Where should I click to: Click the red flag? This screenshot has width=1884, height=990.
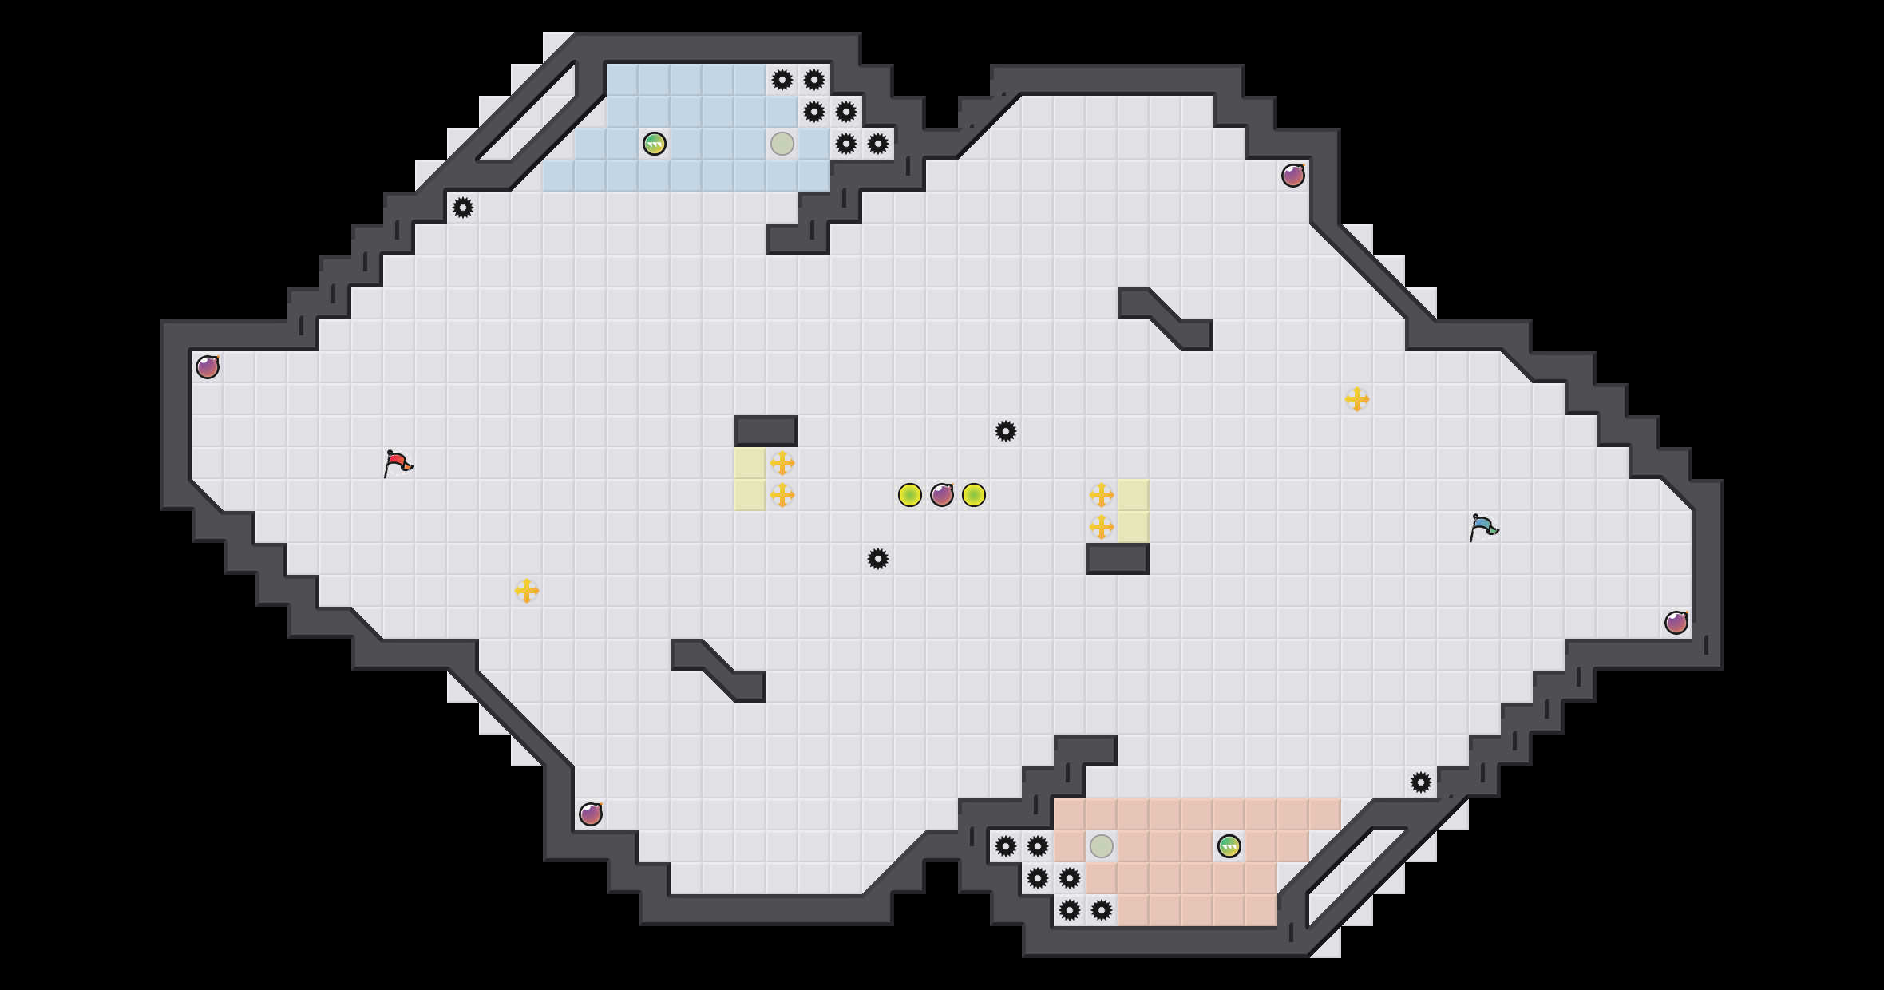(x=397, y=463)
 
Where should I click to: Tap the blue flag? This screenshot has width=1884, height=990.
(x=1482, y=527)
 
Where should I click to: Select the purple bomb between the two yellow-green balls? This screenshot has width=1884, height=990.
(x=942, y=495)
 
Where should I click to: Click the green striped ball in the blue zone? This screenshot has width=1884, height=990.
(x=655, y=144)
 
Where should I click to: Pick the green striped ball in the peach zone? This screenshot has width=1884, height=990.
(x=1229, y=846)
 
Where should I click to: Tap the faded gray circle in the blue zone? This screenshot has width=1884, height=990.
(x=782, y=144)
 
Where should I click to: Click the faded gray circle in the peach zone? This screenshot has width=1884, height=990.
(x=1102, y=846)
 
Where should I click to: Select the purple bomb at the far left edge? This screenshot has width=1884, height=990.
(x=208, y=367)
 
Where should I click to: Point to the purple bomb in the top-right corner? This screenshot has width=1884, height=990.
(x=1293, y=176)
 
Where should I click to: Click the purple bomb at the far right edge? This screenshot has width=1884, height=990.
(x=1676, y=623)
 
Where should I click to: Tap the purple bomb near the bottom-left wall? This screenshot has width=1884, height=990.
(x=591, y=814)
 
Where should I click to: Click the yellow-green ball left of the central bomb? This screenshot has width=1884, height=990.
(x=910, y=495)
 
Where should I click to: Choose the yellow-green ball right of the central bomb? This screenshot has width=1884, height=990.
(x=974, y=495)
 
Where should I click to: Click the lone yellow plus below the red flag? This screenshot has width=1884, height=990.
(x=527, y=591)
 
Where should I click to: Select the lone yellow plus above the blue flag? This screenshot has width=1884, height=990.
(x=1357, y=399)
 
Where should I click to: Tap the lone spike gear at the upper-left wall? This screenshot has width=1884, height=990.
(x=463, y=208)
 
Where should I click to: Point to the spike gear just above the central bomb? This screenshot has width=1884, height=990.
(x=1006, y=431)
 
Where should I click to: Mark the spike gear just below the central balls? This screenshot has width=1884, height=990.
(x=878, y=559)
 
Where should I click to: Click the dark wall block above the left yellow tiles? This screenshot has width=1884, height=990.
(x=766, y=431)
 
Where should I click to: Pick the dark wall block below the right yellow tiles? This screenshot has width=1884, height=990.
(x=1118, y=559)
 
